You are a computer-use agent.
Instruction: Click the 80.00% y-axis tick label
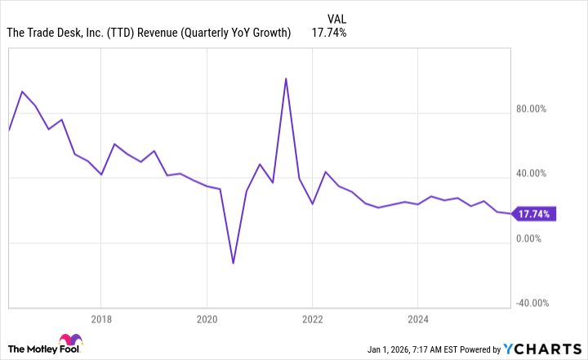(531, 109)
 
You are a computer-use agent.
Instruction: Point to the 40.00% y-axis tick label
(531, 174)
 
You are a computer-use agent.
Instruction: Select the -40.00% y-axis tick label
(529, 303)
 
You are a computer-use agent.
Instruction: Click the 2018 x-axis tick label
(100, 318)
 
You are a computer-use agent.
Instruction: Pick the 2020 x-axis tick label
(207, 318)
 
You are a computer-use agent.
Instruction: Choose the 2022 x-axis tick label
(312, 318)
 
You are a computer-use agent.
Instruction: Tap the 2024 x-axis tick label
(417, 318)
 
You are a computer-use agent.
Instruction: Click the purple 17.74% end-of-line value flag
(535, 215)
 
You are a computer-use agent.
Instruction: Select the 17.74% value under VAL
(329, 33)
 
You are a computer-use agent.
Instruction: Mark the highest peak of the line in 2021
(285, 79)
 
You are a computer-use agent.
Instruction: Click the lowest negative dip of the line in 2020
(233, 263)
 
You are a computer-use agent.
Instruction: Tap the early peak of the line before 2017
(22, 91)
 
